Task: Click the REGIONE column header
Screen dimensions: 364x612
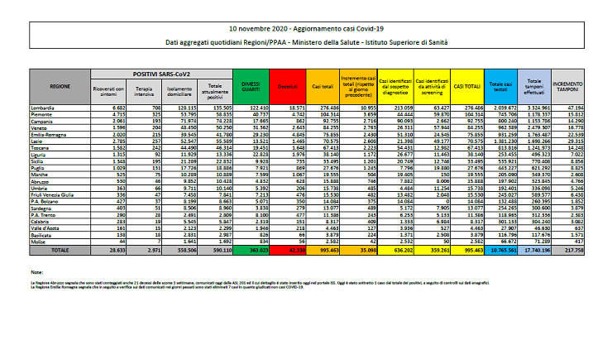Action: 60,85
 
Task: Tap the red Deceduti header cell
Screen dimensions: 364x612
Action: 287,85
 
